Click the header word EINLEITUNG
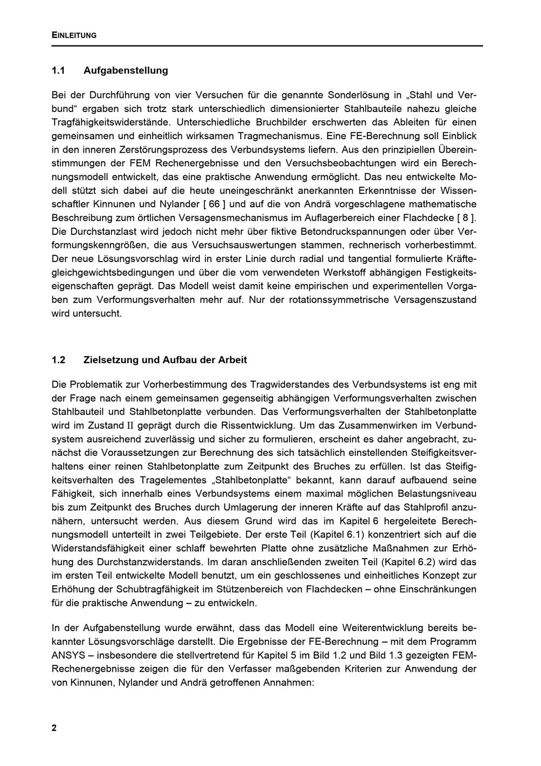pyautogui.click(x=74, y=35)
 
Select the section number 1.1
pyautogui.click(x=58, y=70)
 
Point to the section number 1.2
pyautogui.click(x=58, y=360)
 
